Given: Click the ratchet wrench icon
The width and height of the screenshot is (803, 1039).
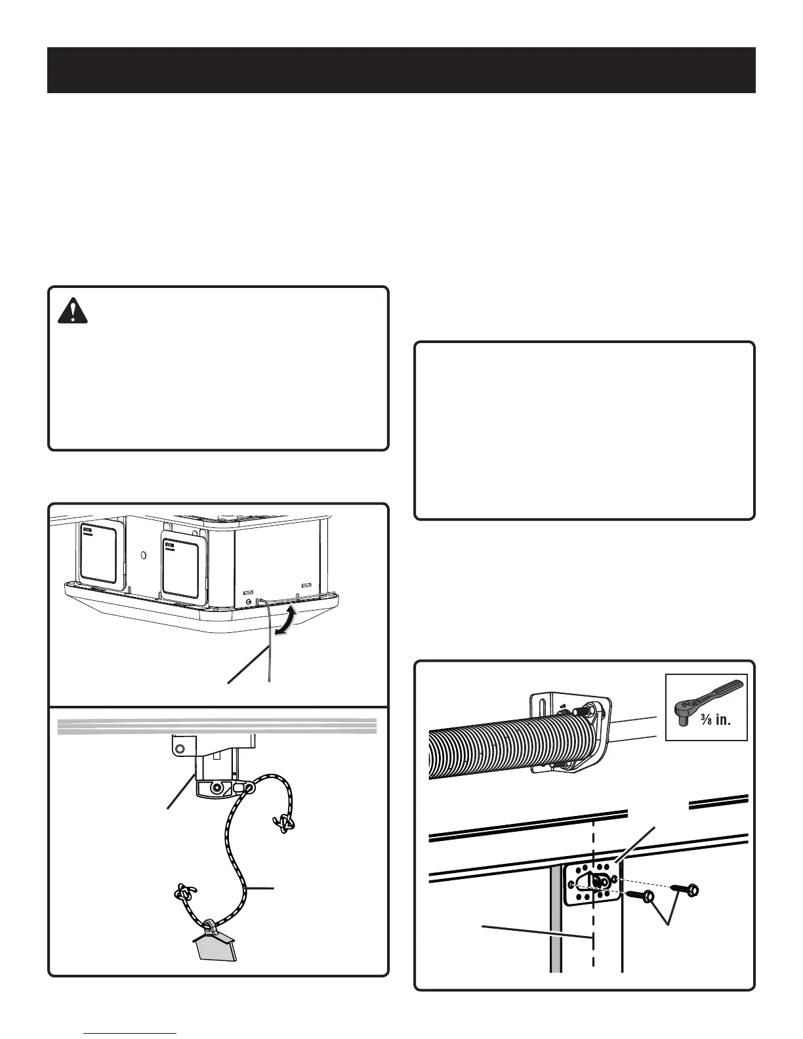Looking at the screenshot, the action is tap(706, 695).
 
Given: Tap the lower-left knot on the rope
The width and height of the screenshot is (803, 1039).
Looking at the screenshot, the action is tap(184, 894).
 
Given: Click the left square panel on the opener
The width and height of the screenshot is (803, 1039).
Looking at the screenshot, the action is tap(98, 552).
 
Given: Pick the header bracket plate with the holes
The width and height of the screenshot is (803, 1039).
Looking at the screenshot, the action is tap(592, 883).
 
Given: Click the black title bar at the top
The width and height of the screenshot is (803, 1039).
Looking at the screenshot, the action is tap(401, 70).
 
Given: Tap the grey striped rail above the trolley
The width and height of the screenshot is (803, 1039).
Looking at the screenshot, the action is tap(217, 725).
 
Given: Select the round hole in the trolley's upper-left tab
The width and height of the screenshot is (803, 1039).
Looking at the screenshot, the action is tap(176, 744).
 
